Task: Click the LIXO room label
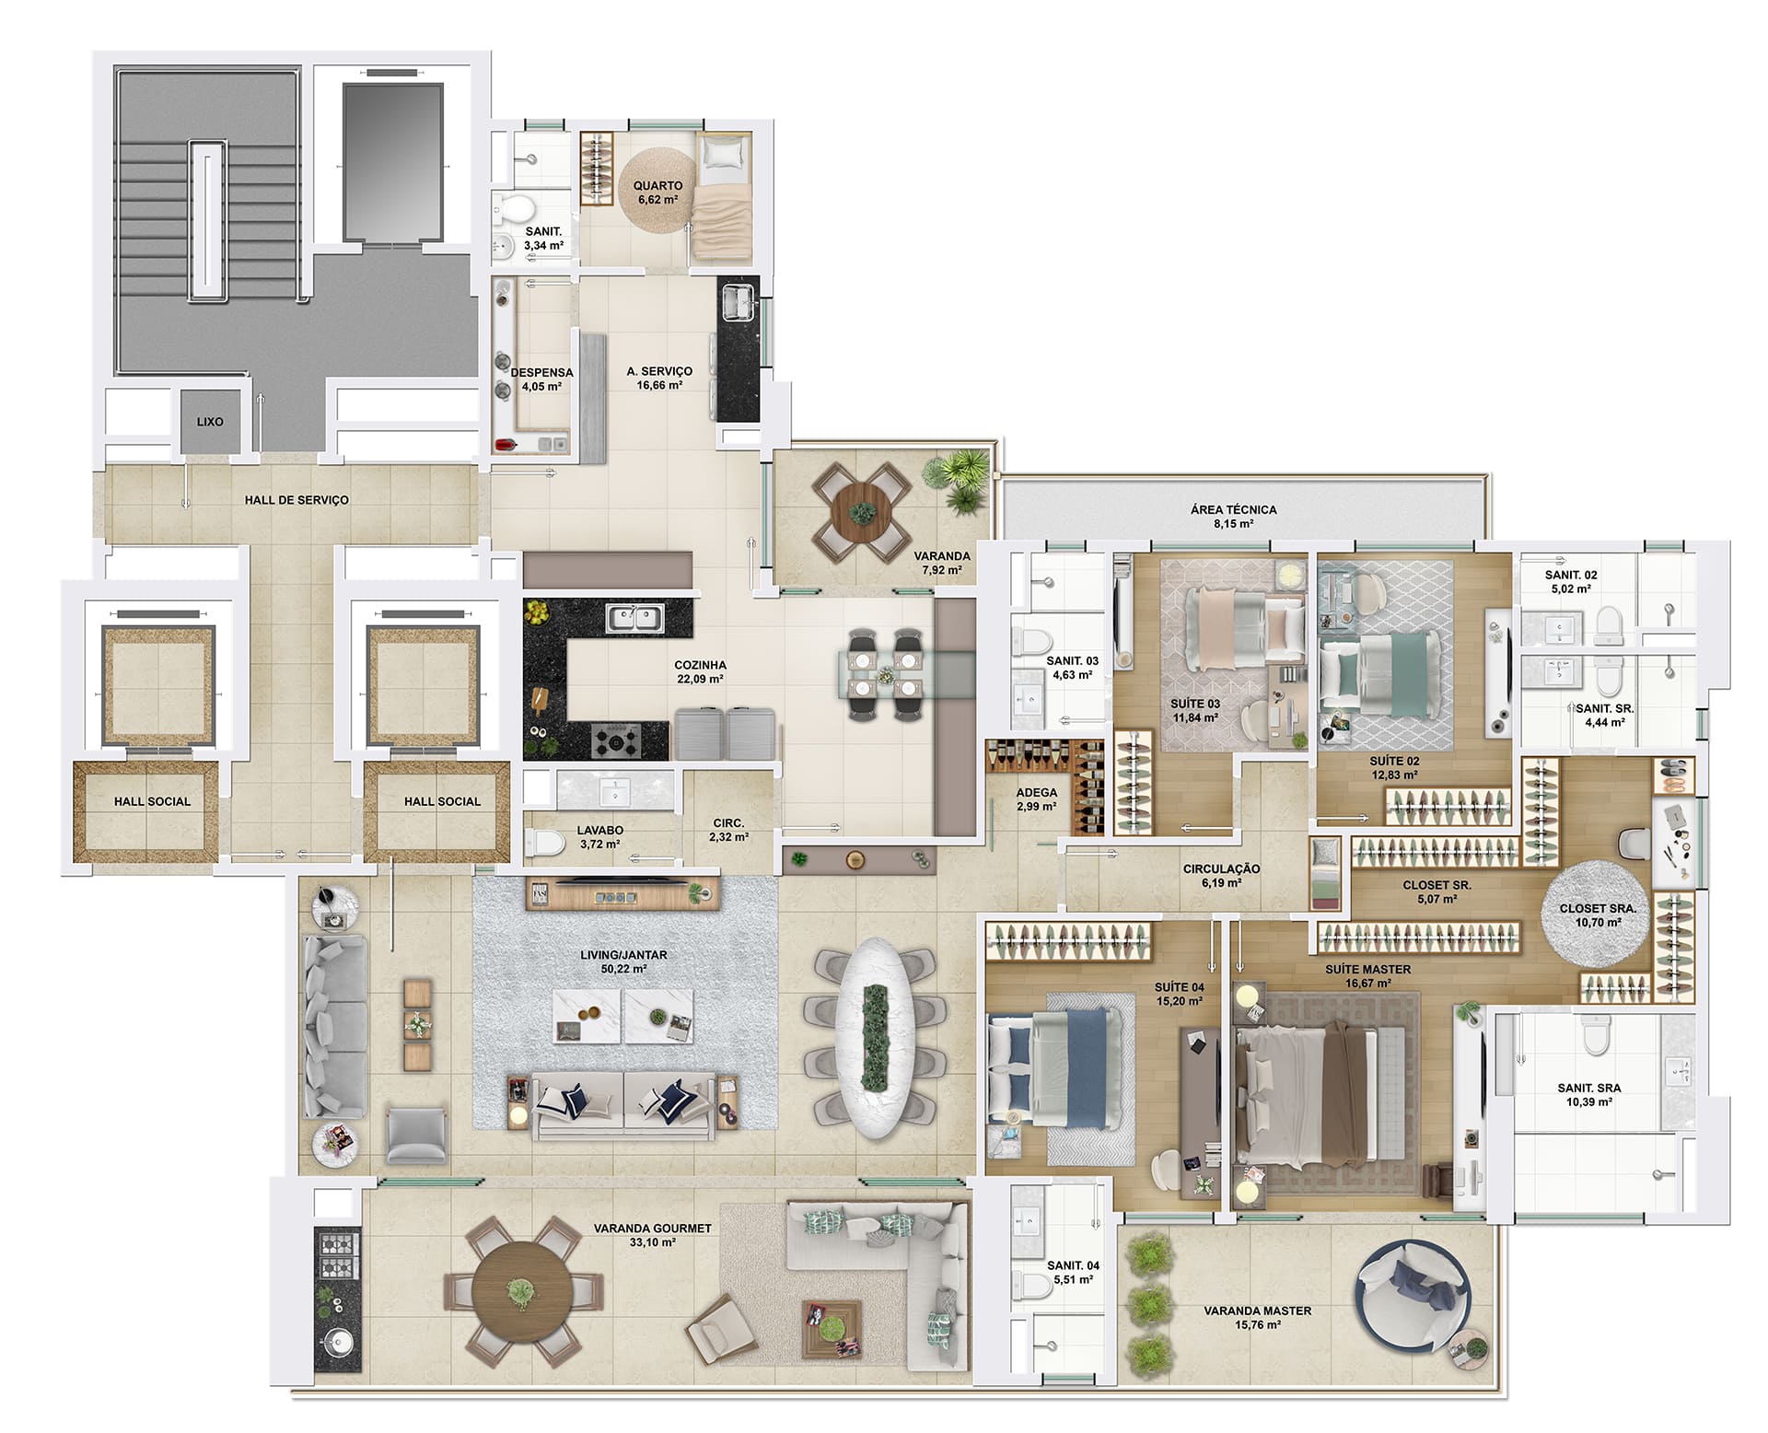pos(210,422)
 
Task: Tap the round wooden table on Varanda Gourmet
pos(520,1292)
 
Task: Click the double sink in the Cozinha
pos(634,618)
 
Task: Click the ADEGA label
pos(1037,792)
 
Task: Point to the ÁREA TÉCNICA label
pos(1233,509)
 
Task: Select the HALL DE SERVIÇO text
pos(297,500)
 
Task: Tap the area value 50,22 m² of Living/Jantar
pos(625,969)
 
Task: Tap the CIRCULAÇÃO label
pos(1221,868)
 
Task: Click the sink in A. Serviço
pos(738,303)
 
